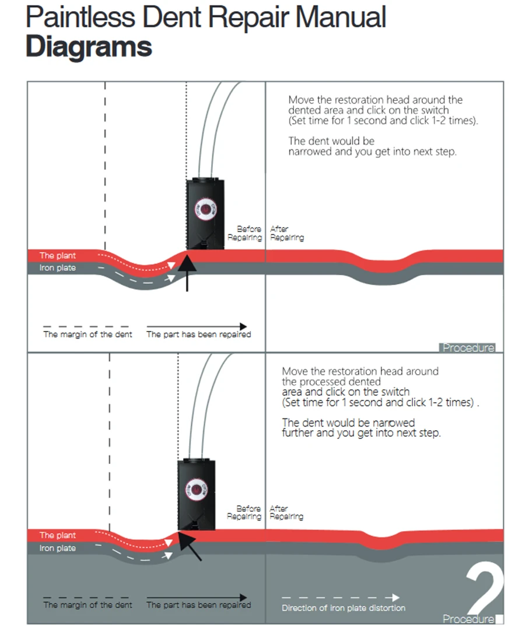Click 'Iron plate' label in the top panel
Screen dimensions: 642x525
(57, 268)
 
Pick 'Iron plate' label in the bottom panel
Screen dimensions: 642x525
(57, 549)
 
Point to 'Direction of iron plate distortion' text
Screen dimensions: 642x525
(344, 608)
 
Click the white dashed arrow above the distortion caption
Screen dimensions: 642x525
(341, 598)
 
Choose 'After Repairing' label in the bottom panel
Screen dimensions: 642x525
(286, 513)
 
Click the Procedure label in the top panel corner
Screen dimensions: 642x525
(468, 348)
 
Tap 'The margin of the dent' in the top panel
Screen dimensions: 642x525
(87, 334)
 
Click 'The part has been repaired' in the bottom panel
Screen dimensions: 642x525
(198, 605)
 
